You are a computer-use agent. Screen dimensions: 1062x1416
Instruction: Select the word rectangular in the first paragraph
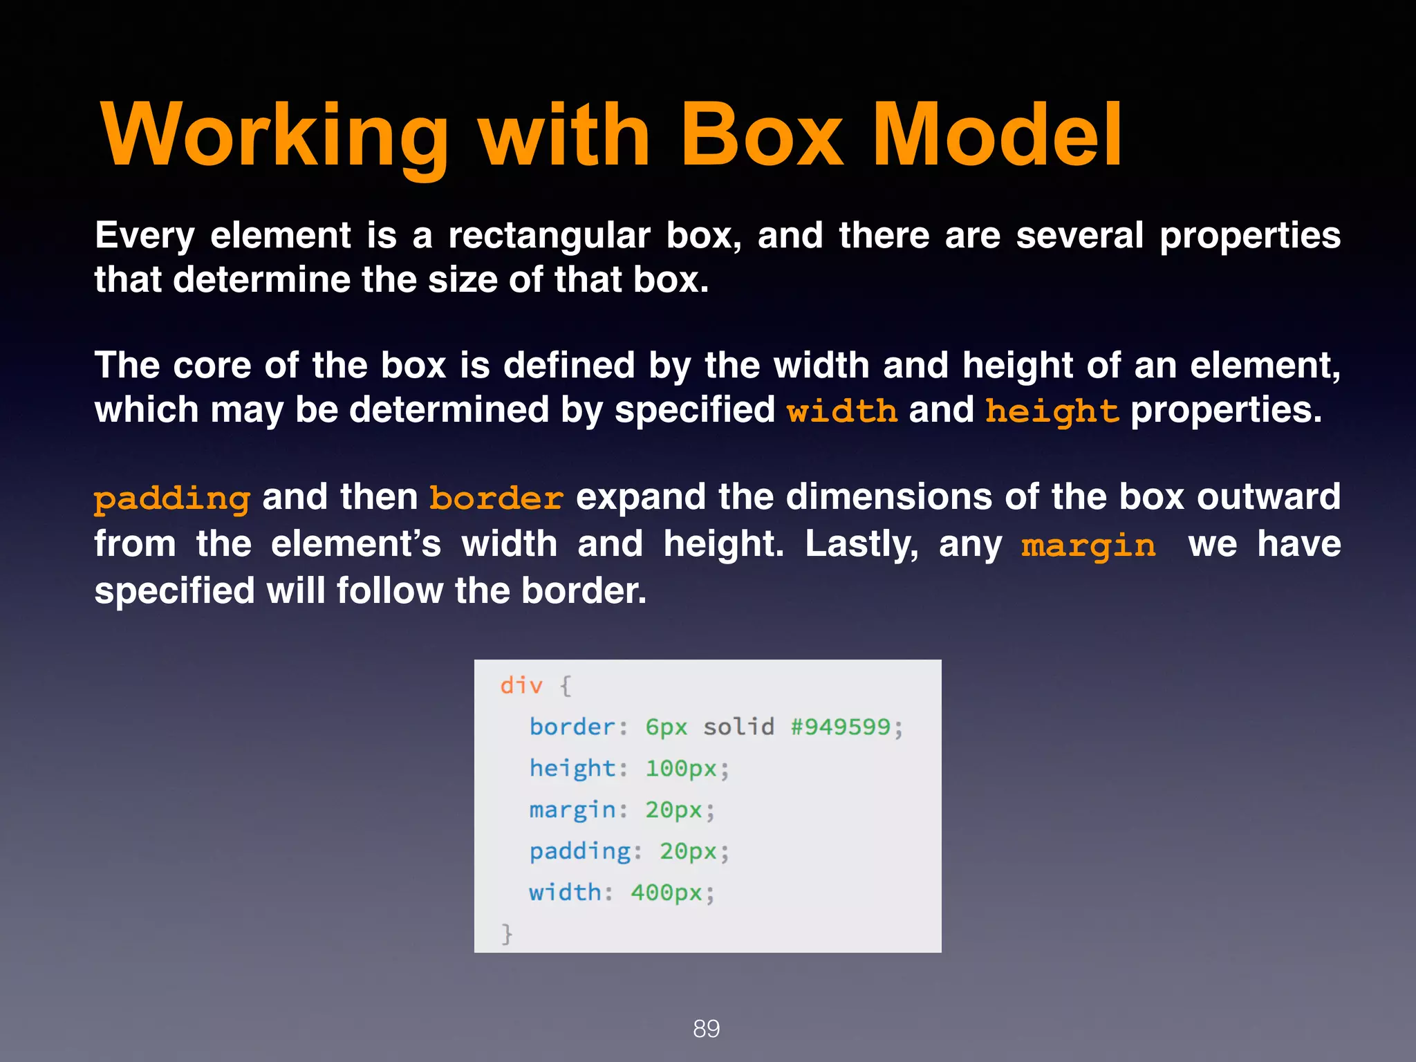549,236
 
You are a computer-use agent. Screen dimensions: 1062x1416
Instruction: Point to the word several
1079,236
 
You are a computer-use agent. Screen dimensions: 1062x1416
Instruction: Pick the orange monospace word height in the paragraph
1052,411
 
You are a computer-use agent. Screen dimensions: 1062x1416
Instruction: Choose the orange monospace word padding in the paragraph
172,499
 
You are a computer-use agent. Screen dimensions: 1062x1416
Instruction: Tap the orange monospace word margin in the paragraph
1088,545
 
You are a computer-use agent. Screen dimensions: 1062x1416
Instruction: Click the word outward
1269,497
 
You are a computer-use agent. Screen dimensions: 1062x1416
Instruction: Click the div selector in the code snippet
521,686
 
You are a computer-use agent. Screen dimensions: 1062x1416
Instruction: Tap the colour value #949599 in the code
840,727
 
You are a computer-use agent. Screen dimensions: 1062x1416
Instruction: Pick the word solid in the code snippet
738,727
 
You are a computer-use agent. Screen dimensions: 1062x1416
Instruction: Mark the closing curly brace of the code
507,933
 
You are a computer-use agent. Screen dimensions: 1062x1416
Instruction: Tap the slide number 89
707,1029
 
